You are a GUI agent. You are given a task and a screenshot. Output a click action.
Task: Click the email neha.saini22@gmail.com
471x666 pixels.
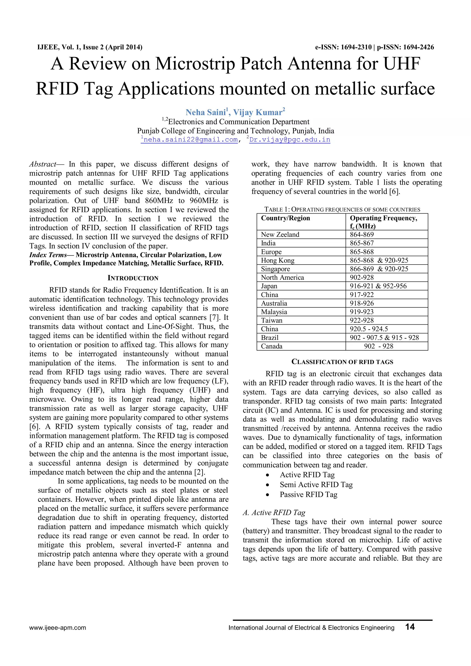click(x=190, y=140)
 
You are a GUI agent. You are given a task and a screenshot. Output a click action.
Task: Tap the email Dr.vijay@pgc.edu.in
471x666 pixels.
click(x=290, y=140)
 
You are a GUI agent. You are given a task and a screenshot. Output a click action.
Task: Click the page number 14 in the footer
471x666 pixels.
click(x=410, y=627)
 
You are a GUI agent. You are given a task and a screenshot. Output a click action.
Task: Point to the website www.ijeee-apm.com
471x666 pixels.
click(x=57, y=628)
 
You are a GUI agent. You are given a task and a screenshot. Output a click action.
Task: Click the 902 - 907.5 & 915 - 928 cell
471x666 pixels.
click(x=384, y=338)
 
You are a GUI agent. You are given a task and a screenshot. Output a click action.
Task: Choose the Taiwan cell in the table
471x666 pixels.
click(x=271, y=320)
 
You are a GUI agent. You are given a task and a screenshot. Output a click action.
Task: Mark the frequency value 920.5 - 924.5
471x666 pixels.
click(x=369, y=329)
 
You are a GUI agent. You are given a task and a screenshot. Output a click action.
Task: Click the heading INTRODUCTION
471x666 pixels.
click(x=133, y=278)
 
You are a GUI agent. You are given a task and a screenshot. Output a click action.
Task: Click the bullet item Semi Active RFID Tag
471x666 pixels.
click(x=316, y=484)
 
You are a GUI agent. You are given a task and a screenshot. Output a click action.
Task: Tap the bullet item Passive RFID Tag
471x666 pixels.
click(x=308, y=494)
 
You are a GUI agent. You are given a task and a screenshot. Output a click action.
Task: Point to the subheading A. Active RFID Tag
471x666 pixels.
click(x=274, y=513)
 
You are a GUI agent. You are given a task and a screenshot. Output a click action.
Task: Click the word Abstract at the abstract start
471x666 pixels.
click(x=43, y=164)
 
